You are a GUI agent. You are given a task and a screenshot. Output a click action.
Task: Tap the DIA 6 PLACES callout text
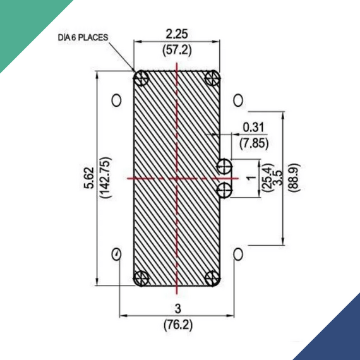pyautogui.click(x=83, y=38)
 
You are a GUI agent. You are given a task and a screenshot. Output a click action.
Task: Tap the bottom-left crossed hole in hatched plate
pyautogui.click(x=141, y=278)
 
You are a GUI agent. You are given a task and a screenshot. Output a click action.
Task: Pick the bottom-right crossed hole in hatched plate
pyautogui.click(x=213, y=278)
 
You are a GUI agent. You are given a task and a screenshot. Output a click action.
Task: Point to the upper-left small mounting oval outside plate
pyautogui.click(x=116, y=100)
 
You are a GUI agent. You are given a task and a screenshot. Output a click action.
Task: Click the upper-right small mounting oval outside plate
pyautogui.click(x=238, y=100)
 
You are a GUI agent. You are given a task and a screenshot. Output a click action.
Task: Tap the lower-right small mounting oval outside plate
pyautogui.click(x=238, y=254)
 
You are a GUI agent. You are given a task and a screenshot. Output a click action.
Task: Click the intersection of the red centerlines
pyautogui.click(x=177, y=178)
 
